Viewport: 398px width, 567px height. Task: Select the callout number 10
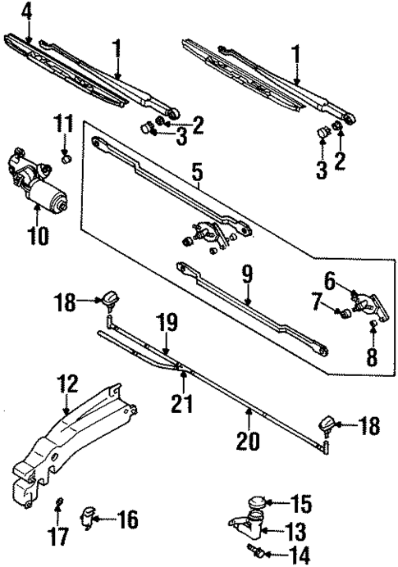37,237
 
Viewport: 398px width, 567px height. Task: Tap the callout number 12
66,383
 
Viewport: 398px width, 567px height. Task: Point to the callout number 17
60,537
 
